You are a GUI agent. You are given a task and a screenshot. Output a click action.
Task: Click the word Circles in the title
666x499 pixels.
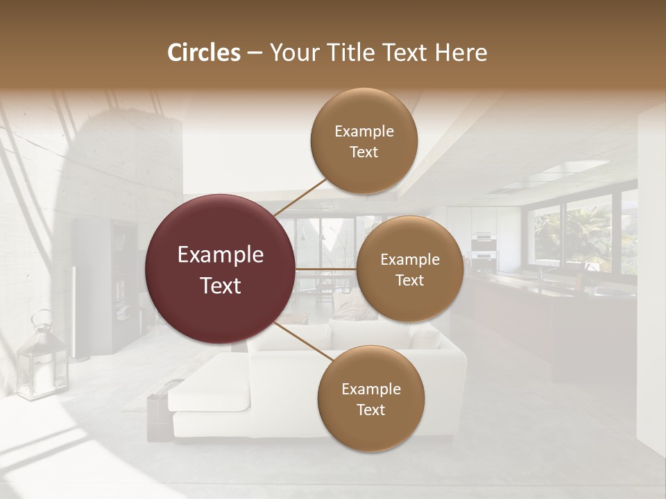click(203, 53)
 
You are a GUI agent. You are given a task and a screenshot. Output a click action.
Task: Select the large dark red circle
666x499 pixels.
click(221, 269)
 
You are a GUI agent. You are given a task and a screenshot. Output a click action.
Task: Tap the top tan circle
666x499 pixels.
click(364, 141)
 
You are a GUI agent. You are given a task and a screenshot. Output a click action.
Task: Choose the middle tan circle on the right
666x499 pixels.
click(409, 269)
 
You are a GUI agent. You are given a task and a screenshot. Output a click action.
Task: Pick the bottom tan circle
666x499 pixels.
click(370, 399)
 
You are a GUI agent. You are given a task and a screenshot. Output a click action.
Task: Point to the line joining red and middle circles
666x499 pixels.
click(326, 269)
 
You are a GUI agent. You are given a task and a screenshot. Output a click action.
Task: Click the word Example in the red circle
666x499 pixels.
click(221, 255)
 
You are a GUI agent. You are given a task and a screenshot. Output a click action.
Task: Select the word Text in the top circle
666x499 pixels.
click(364, 152)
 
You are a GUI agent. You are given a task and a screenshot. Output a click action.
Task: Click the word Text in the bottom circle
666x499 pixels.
click(370, 410)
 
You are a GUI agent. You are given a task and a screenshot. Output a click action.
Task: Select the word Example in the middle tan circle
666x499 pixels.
click(409, 260)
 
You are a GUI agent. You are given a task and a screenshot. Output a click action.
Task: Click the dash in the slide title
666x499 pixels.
click(255, 53)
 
